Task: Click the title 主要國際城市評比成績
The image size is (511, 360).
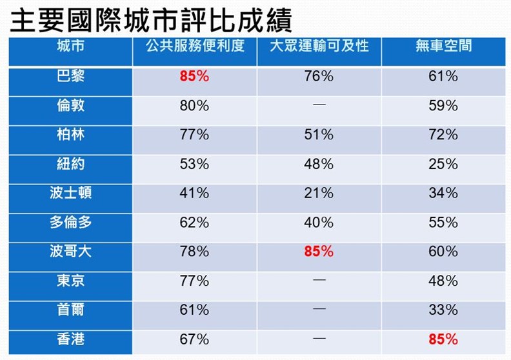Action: tap(152, 19)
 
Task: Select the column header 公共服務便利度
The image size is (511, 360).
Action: tap(194, 46)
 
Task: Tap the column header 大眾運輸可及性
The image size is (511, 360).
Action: tap(319, 46)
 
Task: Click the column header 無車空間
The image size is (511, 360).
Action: tap(443, 46)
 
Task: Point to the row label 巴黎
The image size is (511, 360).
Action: tap(70, 76)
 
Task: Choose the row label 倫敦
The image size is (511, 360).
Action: tap(70, 105)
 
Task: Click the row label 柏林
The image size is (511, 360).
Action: tap(70, 134)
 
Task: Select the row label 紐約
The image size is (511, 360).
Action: tap(70, 163)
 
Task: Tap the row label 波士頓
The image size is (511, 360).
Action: tap(70, 192)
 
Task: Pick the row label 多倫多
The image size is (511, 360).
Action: tap(70, 222)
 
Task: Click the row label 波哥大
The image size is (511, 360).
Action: tap(70, 251)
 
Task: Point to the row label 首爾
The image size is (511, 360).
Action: tap(70, 310)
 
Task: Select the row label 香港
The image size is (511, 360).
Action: tap(70, 339)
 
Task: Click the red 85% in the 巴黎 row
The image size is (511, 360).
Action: tap(194, 77)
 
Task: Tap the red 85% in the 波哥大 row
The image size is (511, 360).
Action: tap(319, 252)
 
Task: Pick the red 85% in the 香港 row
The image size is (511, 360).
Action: tap(443, 339)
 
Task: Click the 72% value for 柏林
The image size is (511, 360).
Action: tap(443, 135)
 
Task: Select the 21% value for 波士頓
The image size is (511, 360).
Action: tap(319, 193)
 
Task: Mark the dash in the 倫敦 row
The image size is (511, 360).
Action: tap(319, 105)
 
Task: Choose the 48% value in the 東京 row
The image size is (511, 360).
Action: tap(443, 281)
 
